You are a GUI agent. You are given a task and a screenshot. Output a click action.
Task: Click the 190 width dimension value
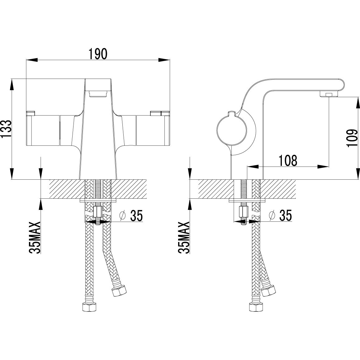coord(98,54)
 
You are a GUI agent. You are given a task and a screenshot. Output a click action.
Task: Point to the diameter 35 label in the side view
coord(281,215)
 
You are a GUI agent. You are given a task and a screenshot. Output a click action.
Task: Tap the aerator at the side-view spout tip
coord(328,94)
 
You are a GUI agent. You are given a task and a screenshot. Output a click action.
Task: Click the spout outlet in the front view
coord(98,93)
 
